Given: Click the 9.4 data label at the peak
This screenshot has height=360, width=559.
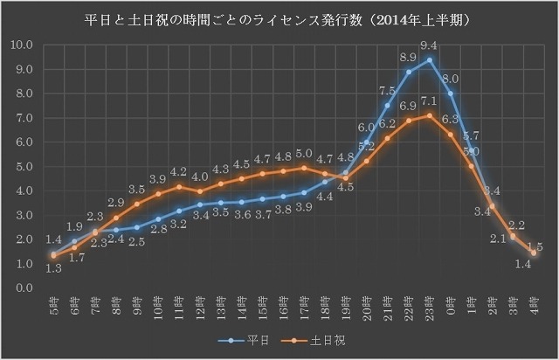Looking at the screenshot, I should click(x=429, y=45).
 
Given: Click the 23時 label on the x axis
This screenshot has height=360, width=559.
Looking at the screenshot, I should click(x=429, y=305).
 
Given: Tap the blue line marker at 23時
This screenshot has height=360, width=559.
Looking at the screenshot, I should click(x=429, y=60).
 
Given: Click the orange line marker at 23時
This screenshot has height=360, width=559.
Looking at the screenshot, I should click(x=429, y=115).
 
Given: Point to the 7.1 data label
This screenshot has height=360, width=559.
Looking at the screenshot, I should click(x=429, y=102).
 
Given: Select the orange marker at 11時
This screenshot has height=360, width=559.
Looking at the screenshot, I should click(x=178, y=186).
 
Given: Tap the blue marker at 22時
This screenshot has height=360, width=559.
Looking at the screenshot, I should click(x=408, y=72).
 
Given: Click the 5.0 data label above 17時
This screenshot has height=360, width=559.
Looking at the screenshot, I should click(x=304, y=154).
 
